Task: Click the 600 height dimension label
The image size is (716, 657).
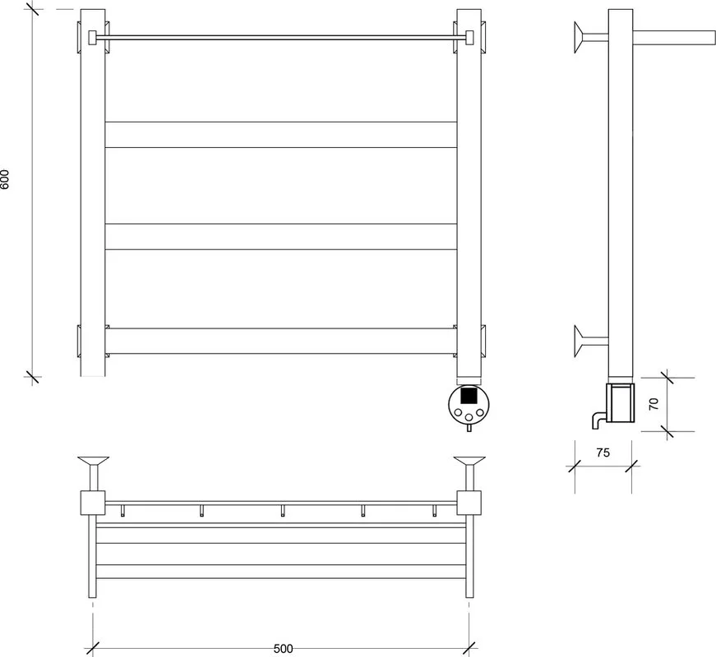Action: click(5, 179)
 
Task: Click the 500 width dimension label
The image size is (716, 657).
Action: click(283, 648)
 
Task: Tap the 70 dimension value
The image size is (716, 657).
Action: click(654, 404)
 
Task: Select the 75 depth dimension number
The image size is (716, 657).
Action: click(603, 453)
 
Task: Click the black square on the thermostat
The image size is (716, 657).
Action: click(469, 395)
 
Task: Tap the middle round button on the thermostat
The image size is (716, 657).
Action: click(469, 416)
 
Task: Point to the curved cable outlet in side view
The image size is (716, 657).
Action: click(598, 420)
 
